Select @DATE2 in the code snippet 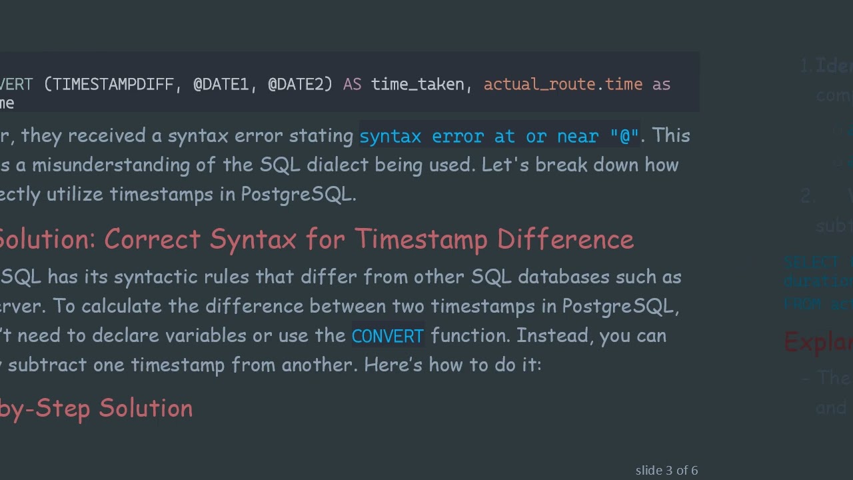(300, 85)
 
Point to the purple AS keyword (352, 85)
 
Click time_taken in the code (417, 85)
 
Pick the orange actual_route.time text (563, 85)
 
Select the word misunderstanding (119, 165)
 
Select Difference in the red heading (565, 239)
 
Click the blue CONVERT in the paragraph (387, 336)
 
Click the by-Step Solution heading (96, 408)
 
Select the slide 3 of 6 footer (666, 471)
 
